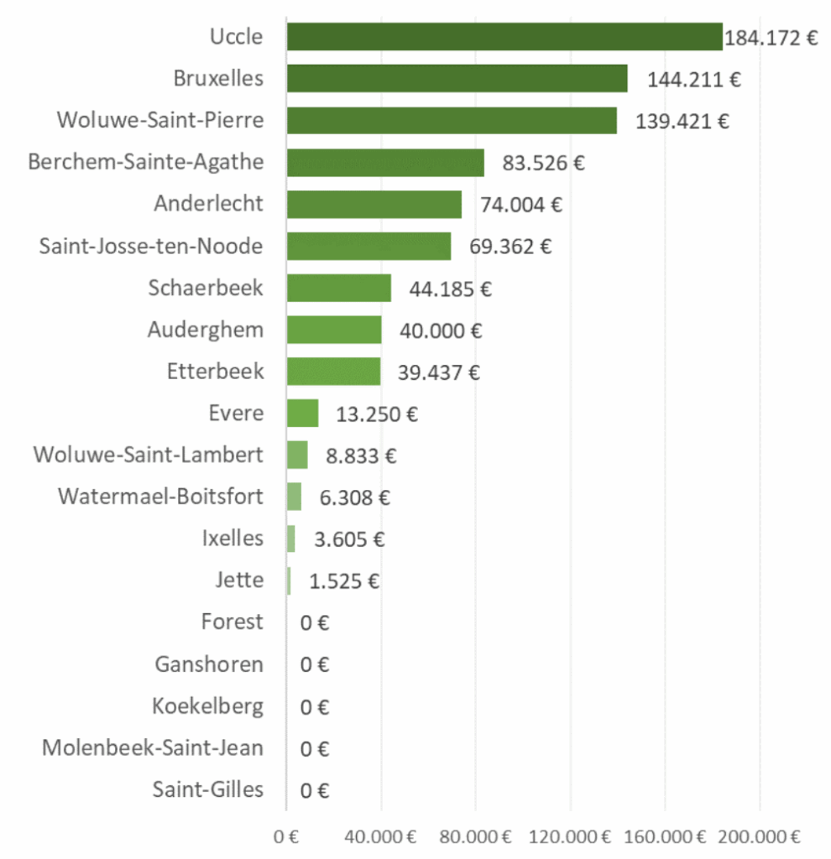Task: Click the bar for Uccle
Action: coord(504,37)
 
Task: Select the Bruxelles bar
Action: coord(457,79)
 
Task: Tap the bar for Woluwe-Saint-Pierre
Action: coord(452,121)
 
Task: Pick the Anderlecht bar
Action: coord(374,205)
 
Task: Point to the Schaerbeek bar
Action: coord(338,288)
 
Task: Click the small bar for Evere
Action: coord(302,414)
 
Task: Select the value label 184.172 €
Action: coord(771,39)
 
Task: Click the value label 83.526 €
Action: coord(543,163)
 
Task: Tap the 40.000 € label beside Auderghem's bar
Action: coord(441,331)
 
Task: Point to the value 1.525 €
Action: coord(344,580)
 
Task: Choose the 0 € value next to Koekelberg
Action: coord(315,706)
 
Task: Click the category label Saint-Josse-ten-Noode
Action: coord(151,247)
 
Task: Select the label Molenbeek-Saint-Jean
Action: coord(153,747)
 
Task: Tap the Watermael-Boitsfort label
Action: coord(160,497)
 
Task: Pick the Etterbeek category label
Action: coord(215,372)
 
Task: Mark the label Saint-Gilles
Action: coord(208,789)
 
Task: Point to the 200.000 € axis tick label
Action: coord(760,836)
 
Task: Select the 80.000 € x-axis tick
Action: coord(476,836)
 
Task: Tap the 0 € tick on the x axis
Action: coord(287,836)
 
